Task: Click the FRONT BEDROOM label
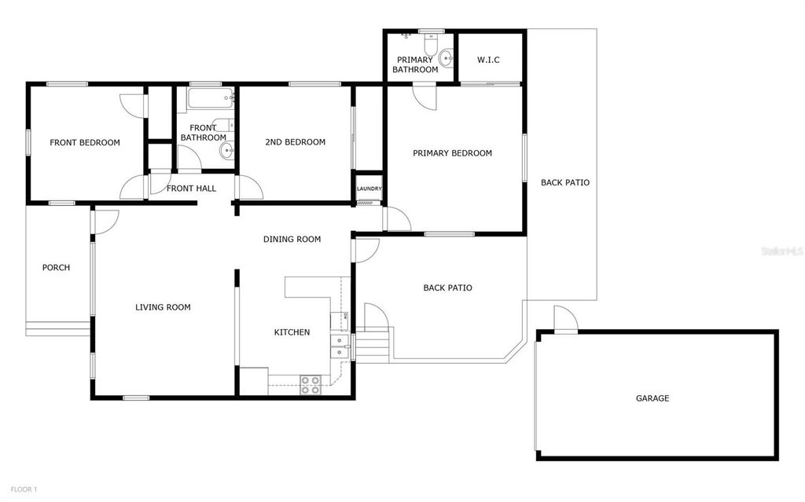pyautogui.click(x=85, y=143)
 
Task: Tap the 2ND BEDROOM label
pyautogui.click(x=295, y=142)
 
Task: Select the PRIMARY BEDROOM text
pyautogui.click(x=452, y=153)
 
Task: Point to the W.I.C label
pyautogui.click(x=489, y=60)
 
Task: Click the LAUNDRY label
pyautogui.click(x=369, y=189)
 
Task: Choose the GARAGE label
pyautogui.click(x=652, y=398)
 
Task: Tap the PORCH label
pyautogui.click(x=56, y=268)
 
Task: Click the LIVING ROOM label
pyautogui.click(x=163, y=307)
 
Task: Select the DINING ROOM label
pyautogui.click(x=292, y=239)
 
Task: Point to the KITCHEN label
pyautogui.click(x=292, y=332)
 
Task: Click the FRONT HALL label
pyautogui.click(x=191, y=189)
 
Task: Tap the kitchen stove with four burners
pyautogui.click(x=311, y=384)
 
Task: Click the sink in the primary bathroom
pyautogui.click(x=447, y=57)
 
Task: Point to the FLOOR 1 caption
pyautogui.click(x=24, y=489)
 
